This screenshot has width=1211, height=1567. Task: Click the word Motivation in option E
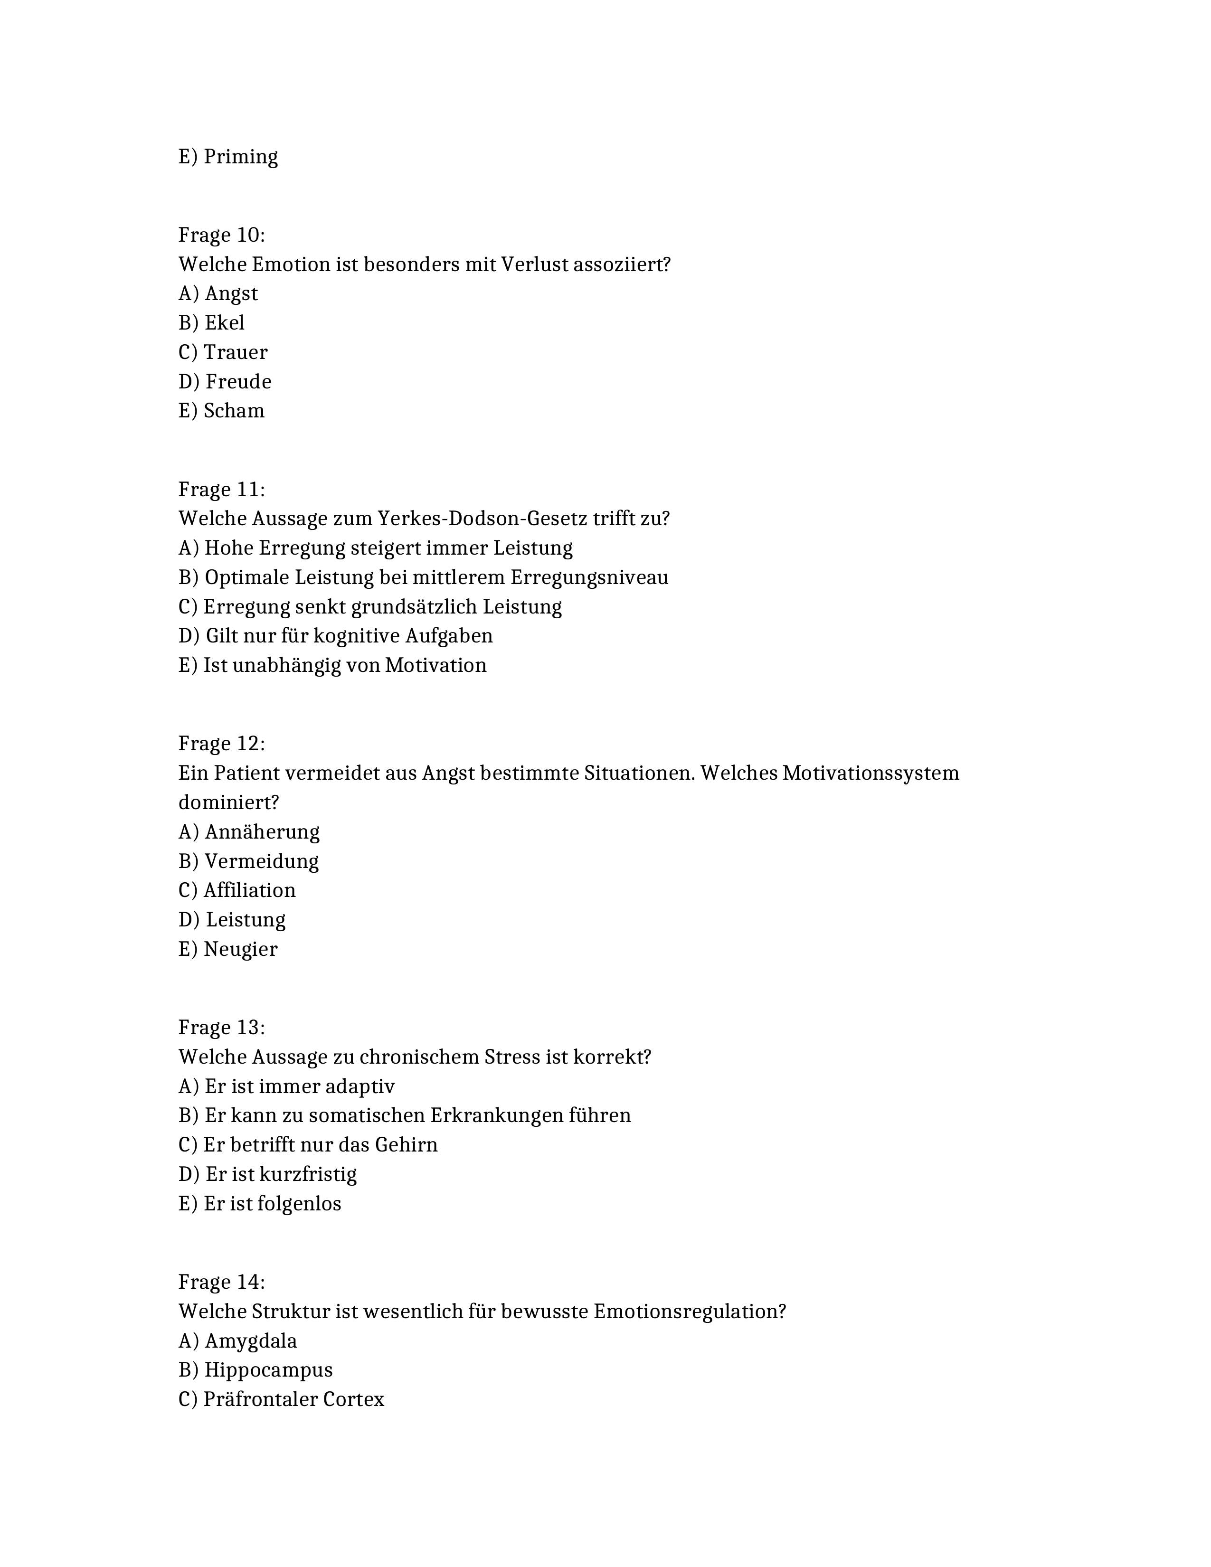click(x=435, y=665)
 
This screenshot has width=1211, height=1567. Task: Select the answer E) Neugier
click(x=227, y=949)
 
